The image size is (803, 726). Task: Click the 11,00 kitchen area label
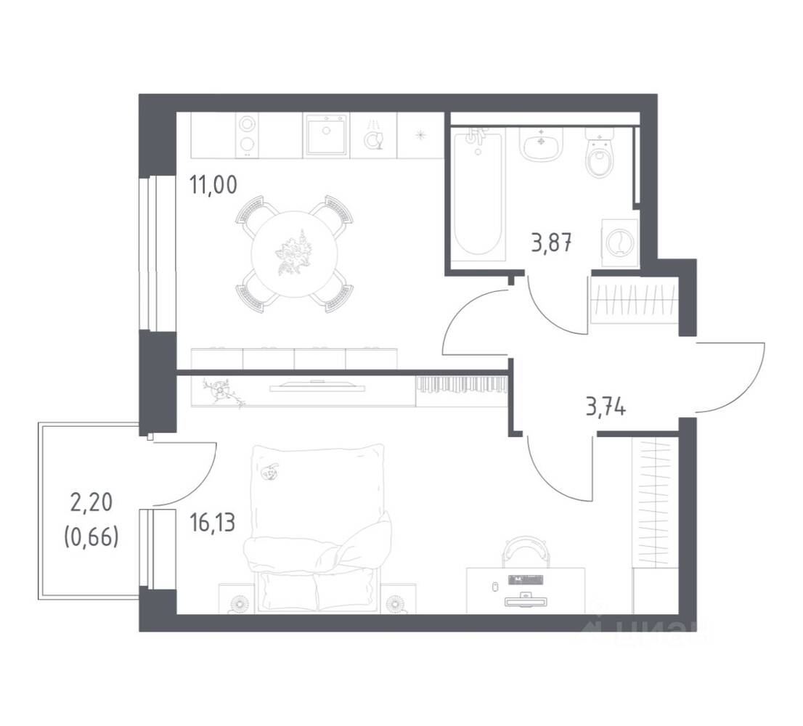[x=213, y=186]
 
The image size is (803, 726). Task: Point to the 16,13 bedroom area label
[x=213, y=523]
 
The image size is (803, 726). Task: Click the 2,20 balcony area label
[x=91, y=501]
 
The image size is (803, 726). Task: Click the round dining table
[x=294, y=254]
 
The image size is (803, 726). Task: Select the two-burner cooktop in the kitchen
[x=248, y=134]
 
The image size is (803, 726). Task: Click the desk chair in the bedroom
[x=523, y=550]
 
